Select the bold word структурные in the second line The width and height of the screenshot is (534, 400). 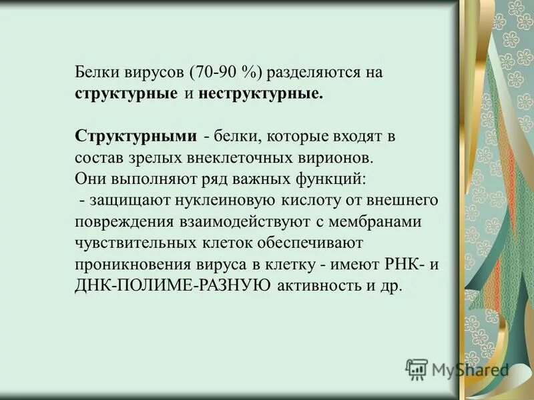(126, 93)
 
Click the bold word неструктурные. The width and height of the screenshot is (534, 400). (260, 93)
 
